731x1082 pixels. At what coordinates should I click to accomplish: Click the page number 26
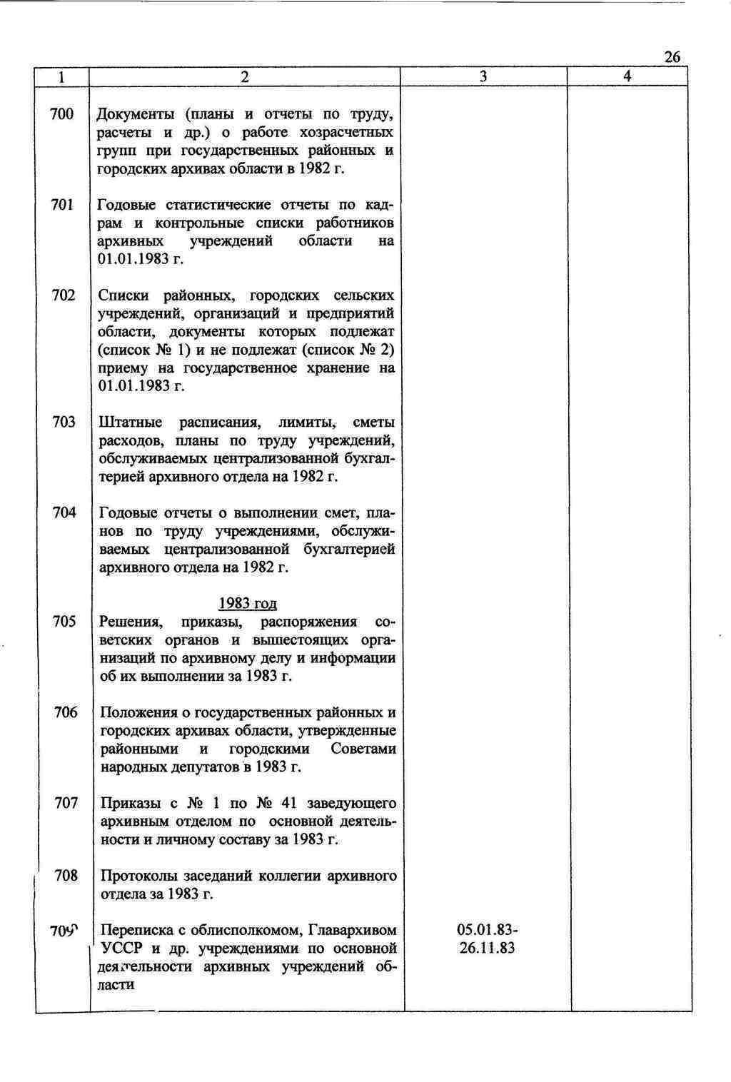(672, 57)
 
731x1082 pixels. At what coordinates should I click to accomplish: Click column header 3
(483, 77)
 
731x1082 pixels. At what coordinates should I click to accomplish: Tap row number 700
(63, 114)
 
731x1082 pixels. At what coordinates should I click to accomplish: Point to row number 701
(63, 206)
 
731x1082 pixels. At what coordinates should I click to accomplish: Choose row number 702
(63, 295)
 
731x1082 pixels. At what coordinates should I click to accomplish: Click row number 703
(64, 423)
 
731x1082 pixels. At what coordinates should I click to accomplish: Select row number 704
(64, 512)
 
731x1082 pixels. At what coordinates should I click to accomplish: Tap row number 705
(64, 622)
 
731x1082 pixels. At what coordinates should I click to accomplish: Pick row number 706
(66, 712)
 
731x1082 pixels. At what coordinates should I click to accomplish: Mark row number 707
(66, 803)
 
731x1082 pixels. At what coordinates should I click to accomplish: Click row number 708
(66, 875)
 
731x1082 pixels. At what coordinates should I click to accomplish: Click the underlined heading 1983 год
(247, 604)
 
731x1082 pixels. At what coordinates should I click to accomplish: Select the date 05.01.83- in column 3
(488, 931)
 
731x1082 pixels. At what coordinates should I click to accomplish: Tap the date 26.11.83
(488, 949)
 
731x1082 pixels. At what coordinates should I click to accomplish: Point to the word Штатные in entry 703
(131, 423)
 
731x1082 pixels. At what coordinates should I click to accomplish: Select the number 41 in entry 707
(295, 804)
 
